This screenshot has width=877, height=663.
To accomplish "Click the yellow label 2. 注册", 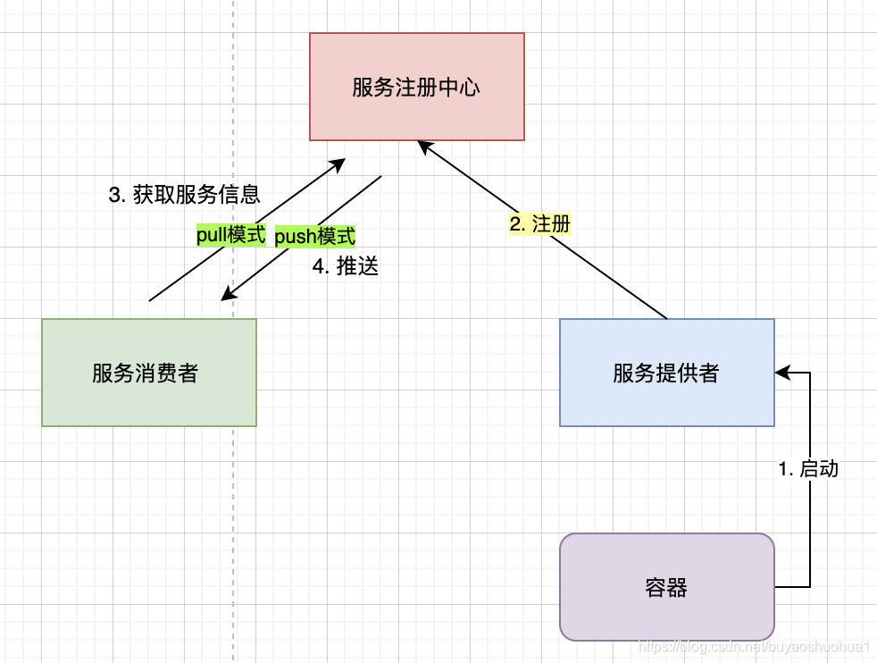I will [539, 224].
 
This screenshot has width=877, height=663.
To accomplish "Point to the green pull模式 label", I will [231, 235].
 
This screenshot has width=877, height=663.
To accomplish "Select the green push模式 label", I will [314, 237].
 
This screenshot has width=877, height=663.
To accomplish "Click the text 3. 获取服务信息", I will [184, 195].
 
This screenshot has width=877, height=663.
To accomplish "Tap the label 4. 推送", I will [346, 266].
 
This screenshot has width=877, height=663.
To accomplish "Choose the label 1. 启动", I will [808, 468].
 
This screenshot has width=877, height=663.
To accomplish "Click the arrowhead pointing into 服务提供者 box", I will [781, 372].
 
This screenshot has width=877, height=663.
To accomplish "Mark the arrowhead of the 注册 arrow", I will [424, 146].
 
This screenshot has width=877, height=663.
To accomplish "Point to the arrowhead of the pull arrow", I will [338, 164].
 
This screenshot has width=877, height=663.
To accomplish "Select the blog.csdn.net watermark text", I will [755, 646].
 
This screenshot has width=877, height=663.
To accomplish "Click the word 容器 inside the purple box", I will [666, 587].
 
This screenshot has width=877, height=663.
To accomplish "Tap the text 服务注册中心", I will [416, 88].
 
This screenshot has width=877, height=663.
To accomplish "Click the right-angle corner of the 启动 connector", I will [810, 372].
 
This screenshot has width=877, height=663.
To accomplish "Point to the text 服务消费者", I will [145, 373].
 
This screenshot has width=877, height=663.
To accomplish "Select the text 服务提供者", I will [666, 373].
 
